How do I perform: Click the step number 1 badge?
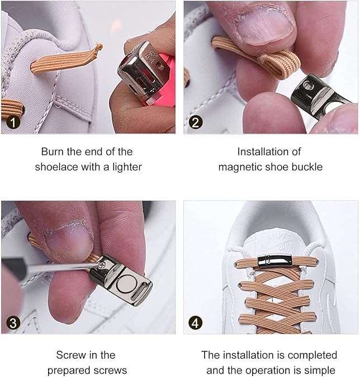pos(13,122)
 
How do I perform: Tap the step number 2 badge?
pos(196,122)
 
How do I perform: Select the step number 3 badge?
pos(13,322)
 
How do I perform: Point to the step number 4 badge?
pos(196,322)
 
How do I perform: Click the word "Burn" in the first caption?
pos(53,152)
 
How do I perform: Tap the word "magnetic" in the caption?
pos(237,167)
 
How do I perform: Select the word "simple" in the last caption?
pos(320,370)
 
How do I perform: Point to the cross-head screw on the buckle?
pos(102,265)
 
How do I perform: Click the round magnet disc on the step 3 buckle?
pos(126,284)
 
